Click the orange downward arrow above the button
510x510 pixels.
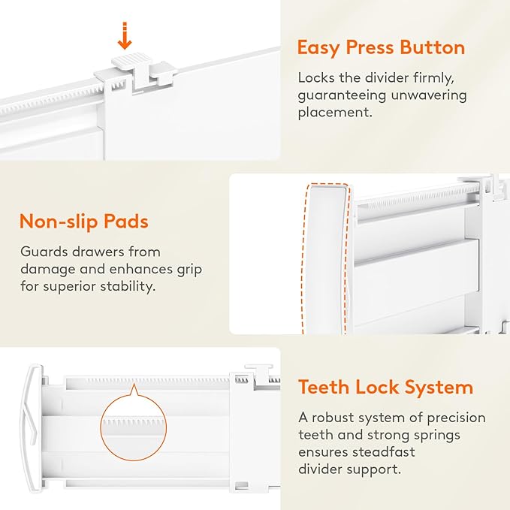124,36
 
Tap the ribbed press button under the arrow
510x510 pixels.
131,61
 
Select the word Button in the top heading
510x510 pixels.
433,47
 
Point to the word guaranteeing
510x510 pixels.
343,95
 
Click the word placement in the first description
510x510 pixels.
333,113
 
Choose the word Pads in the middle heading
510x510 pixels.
126,221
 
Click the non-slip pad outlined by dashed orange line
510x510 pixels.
326,258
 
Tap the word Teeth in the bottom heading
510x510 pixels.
324,387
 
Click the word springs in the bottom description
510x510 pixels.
437,435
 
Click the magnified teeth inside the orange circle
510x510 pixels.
133,423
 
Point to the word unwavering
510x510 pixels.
429,95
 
